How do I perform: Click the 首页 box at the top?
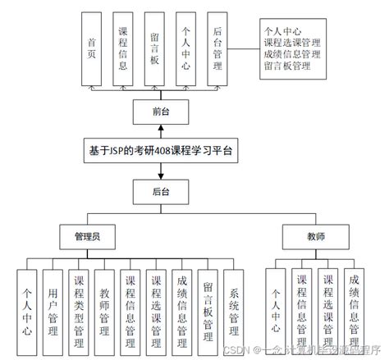[91, 48]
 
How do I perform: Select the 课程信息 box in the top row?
[122, 48]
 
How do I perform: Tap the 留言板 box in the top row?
[153, 48]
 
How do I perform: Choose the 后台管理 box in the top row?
[216, 48]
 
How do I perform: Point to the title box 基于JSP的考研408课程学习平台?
[161, 151]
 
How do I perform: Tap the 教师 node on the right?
[315, 236]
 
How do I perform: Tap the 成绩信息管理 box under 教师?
[354, 309]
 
